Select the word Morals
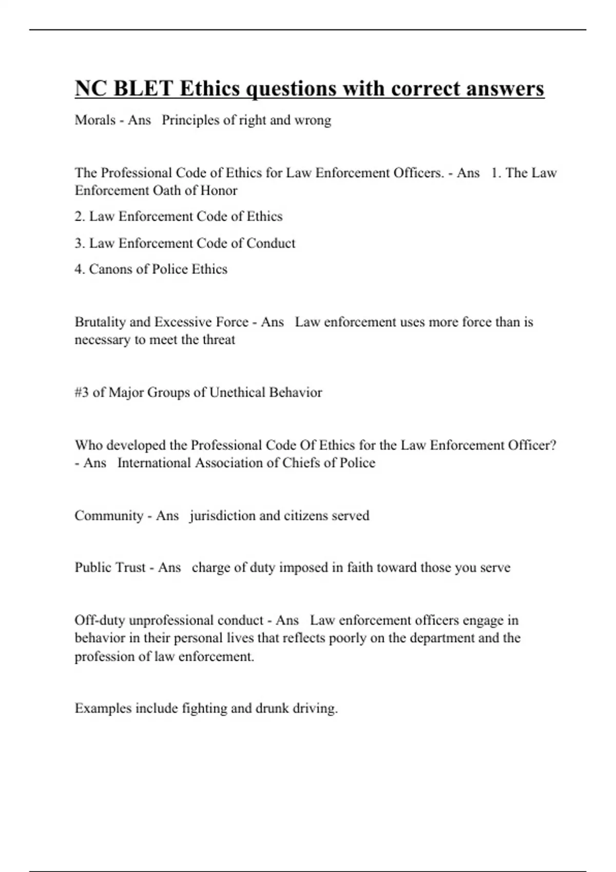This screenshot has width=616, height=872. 95,120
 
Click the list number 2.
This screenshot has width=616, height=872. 79,216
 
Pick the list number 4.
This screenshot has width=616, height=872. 79,269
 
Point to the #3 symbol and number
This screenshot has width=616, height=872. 82,392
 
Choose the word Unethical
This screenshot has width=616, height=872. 237,392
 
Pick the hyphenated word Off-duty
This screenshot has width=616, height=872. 100,620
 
